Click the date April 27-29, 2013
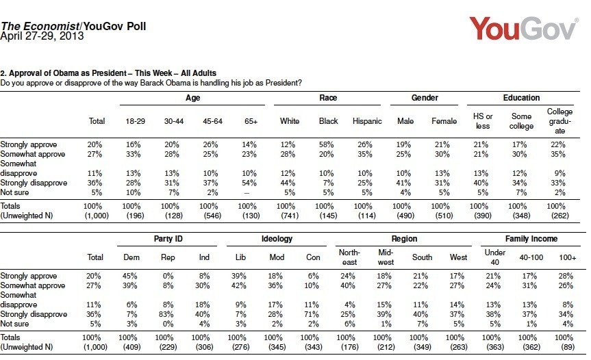42,37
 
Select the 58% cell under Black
328,144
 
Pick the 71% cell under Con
312,314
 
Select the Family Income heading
521,239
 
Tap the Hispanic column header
366,121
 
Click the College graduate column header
559,120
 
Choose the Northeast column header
349,257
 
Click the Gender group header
425,98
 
